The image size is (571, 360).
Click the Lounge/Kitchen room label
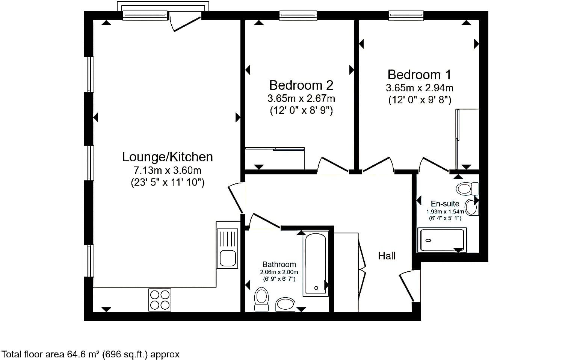(x=167, y=157)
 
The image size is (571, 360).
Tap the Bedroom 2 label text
(x=301, y=85)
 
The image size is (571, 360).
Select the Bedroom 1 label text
(x=419, y=75)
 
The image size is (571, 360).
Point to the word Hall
(x=387, y=256)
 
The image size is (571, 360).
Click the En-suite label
(x=445, y=203)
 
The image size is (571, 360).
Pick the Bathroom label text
(x=279, y=265)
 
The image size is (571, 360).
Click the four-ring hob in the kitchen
(x=160, y=300)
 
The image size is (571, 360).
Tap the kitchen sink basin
(x=228, y=258)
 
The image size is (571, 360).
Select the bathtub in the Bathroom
(x=316, y=263)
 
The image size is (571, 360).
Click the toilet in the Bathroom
(x=261, y=299)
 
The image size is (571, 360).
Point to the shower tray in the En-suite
(x=442, y=240)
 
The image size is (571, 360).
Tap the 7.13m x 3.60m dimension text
(x=168, y=170)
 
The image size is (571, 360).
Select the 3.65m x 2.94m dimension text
(x=419, y=88)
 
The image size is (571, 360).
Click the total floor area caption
(x=91, y=354)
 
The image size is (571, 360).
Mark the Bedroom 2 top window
(x=298, y=16)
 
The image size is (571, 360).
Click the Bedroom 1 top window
(x=406, y=16)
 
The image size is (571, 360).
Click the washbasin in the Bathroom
(x=285, y=304)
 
